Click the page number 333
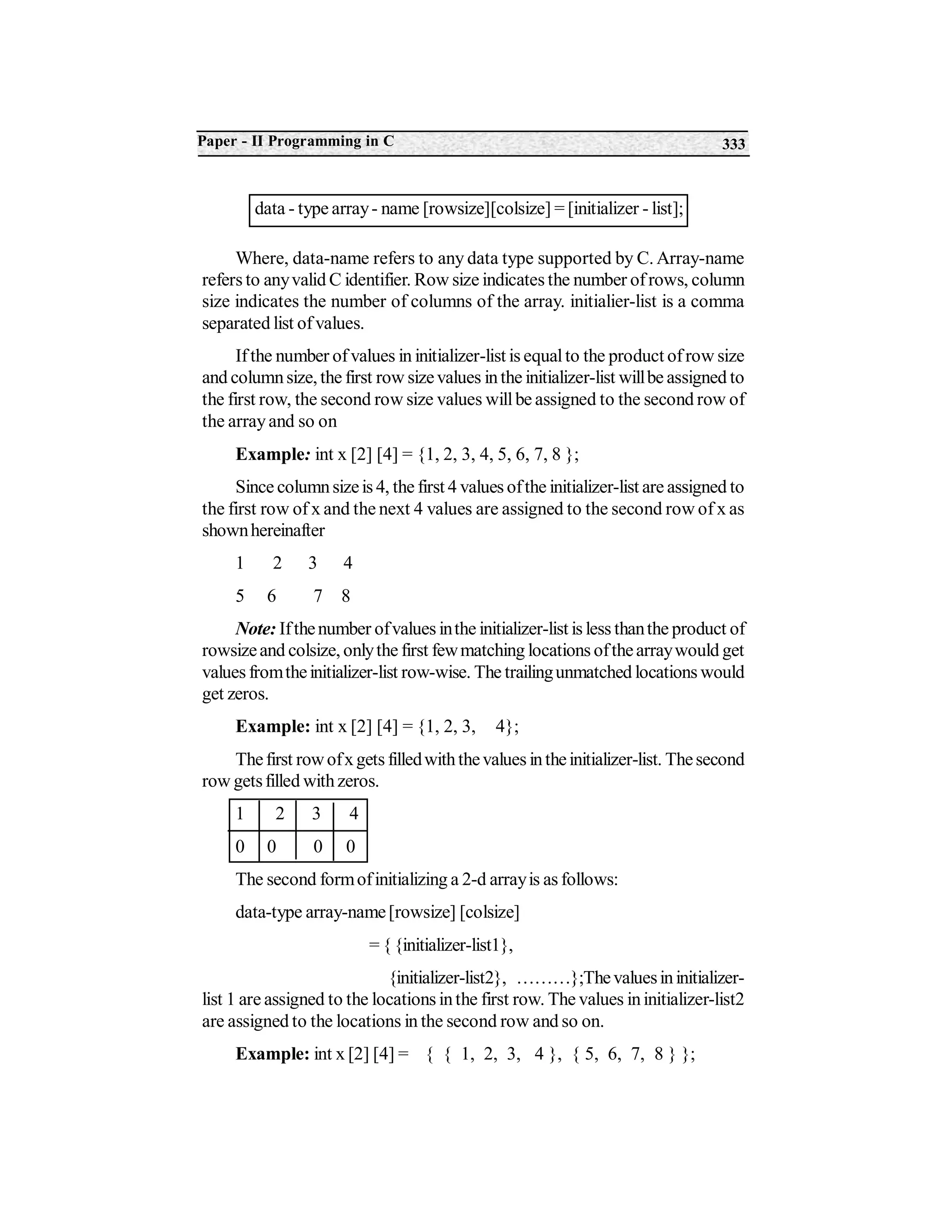pos(733,145)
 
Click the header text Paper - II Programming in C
pos(295,141)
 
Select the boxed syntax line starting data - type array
pos(468,209)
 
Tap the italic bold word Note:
pos(255,629)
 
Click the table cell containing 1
pos(240,814)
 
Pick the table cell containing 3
pos(315,814)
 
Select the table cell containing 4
pos(353,814)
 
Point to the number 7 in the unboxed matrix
pos(318,596)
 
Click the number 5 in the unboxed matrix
pos(240,596)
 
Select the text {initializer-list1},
pos(455,946)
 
